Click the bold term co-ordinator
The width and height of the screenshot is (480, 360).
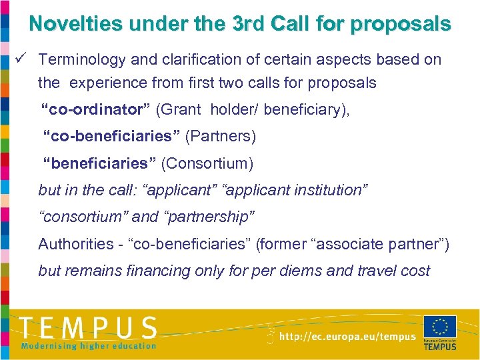pos(95,109)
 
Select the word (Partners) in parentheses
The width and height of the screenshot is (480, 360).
pos(220,137)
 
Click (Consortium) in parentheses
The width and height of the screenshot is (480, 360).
pos(207,163)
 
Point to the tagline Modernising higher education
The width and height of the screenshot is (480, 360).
pos(88,345)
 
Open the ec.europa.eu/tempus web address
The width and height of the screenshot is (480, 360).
pos(347,337)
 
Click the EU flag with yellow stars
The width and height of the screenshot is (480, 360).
pos(440,327)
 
